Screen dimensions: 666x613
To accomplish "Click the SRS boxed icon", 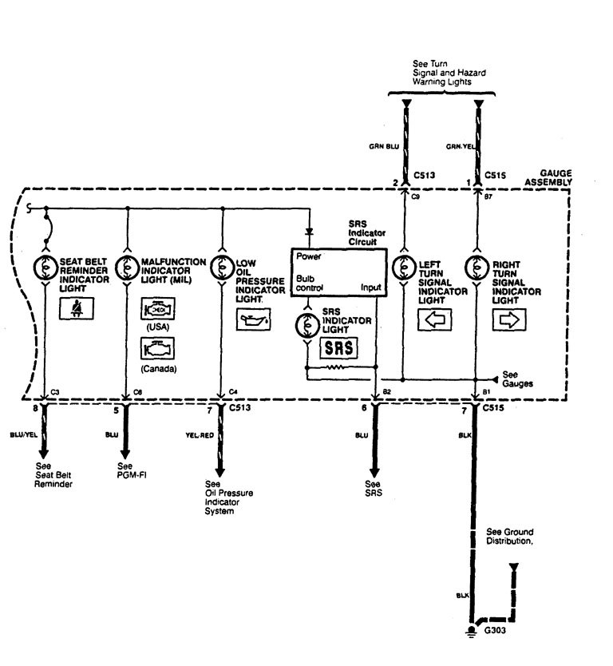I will pos(338,349).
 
